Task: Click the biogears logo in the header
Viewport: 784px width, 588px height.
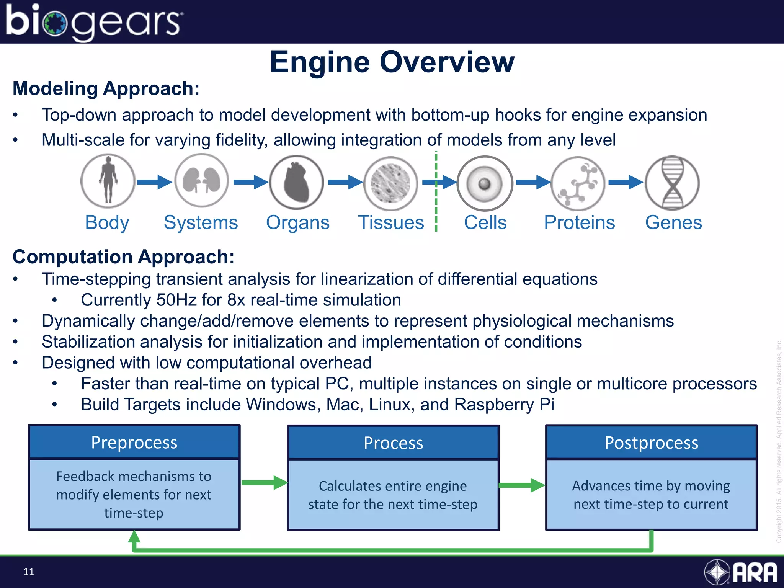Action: (94, 22)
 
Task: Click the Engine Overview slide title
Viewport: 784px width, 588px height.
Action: (392, 62)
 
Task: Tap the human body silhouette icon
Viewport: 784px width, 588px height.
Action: (108, 181)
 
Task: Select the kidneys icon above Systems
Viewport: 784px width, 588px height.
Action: (202, 181)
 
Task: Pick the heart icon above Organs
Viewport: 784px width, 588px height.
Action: (296, 182)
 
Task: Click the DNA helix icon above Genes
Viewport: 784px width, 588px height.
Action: (672, 183)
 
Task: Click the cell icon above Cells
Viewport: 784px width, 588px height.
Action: (484, 183)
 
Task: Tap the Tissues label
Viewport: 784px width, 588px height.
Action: (391, 222)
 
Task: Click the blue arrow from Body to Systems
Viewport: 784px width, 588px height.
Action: (154, 182)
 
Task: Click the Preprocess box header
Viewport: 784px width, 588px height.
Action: (134, 443)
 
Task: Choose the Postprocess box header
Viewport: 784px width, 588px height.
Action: (651, 443)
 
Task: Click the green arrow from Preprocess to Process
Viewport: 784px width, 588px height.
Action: (264, 483)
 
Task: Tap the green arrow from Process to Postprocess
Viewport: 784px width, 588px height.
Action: (522, 485)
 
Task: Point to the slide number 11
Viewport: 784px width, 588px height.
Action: (29, 572)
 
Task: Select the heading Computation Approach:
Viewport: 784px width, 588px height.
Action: (123, 256)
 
